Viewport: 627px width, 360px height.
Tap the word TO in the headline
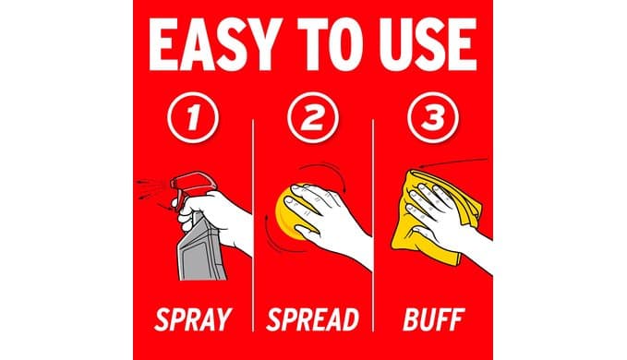pyautogui.click(x=331, y=44)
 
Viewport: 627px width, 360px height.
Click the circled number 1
pyautogui.click(x=193, y=117)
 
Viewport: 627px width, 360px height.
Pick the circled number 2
pyautogui.click(x=313, y=117)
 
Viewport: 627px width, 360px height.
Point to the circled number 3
pyautogui.click(x=433, y=117)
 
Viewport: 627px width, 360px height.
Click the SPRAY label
pyautogui.click(x=193, y=319)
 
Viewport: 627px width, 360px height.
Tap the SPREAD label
pyautogui.click(x=313, y=319)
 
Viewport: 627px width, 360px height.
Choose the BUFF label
pyautogui.click(x=433, y=319)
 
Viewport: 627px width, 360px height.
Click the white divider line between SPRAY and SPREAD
pyautogui.click(x=253, y=225)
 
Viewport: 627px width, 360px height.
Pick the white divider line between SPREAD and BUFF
pyautogui.click(x=373, y=225)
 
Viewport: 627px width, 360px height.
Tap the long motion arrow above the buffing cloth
pyautogui.click(x=453, y=162)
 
